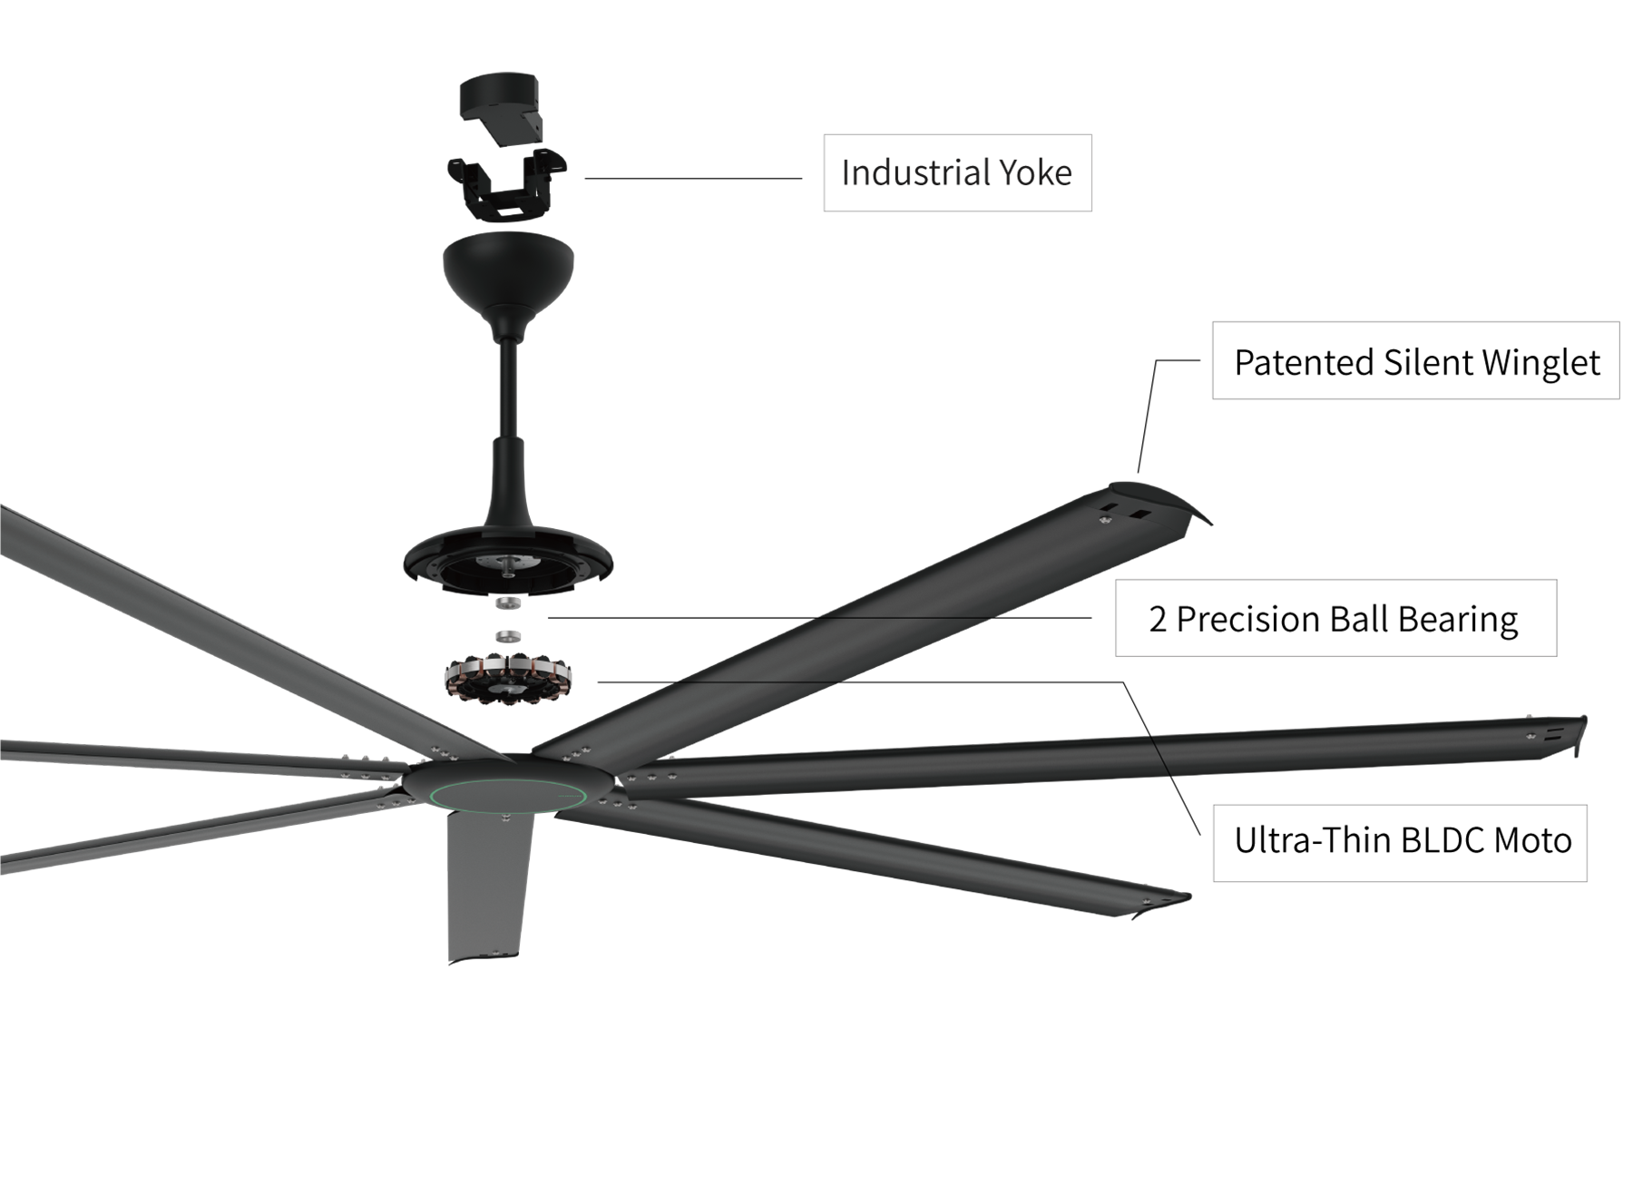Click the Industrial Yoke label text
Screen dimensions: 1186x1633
tap(957, 175)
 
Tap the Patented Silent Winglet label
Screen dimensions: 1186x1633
tap(1415, 363)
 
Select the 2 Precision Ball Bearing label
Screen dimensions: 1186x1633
tap(1334, 619)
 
